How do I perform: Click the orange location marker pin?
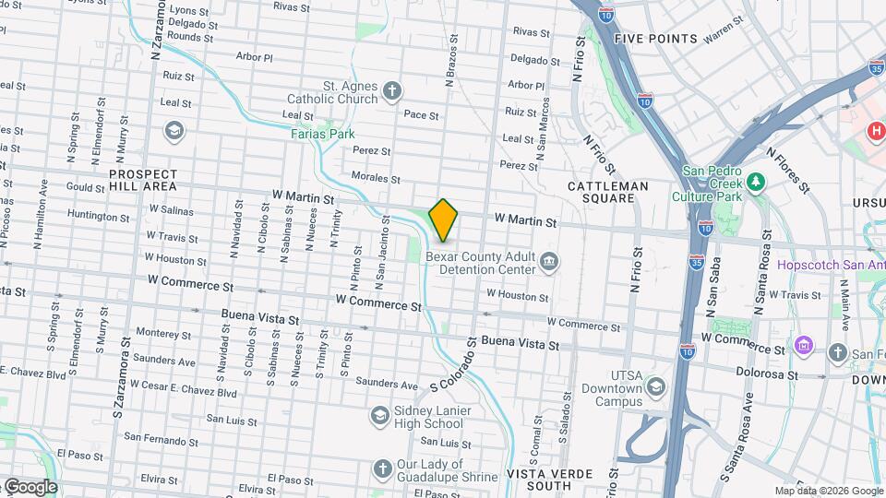[x=443, y=219]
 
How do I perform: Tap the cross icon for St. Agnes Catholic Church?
[x=392, y=90]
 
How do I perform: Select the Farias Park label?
[x=323, y=134]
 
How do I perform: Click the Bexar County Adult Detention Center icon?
[x=549, y=263]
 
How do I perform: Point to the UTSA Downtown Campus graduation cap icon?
[x=655, y=385]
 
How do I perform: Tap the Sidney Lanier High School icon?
[x=379, y=417]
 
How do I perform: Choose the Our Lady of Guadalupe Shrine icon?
[x=379, y=471]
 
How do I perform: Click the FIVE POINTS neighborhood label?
[x=655, y=39]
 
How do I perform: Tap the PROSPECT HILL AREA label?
[x=142, y=180]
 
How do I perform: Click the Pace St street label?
[x=421, y=115]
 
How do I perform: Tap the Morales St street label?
[x=376, y=178]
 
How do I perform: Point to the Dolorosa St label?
[x=767, y=374]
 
